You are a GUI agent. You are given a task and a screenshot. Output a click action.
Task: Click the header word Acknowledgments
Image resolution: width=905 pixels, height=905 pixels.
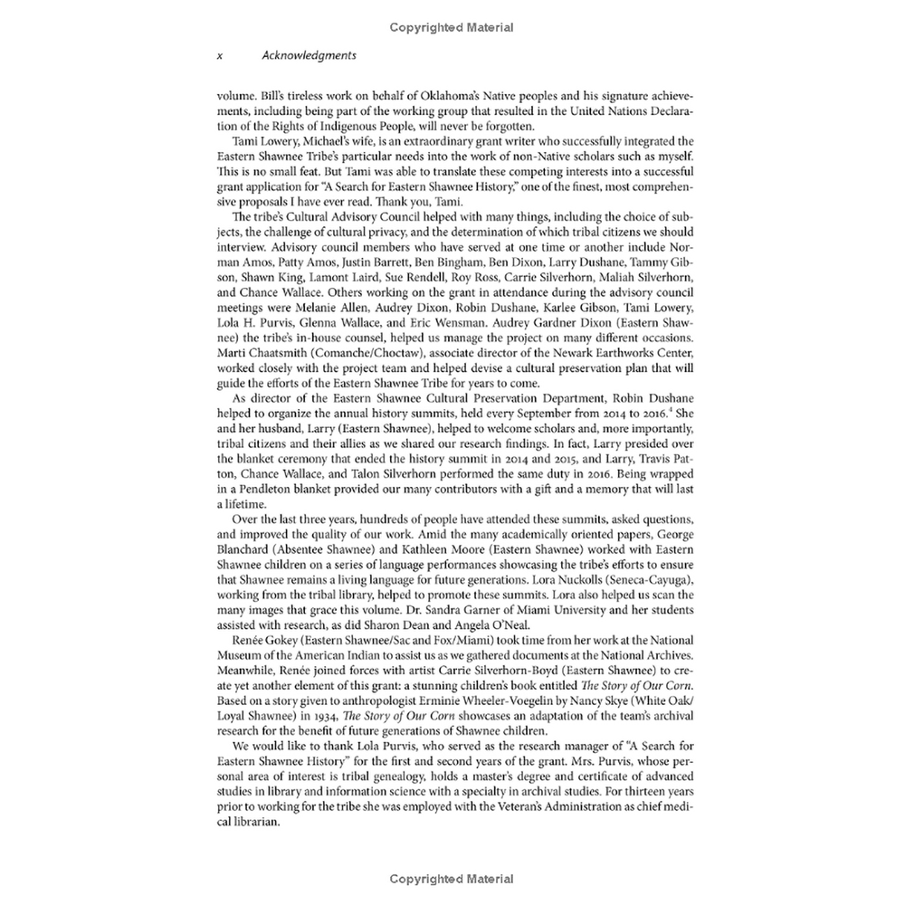(309, 55)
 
